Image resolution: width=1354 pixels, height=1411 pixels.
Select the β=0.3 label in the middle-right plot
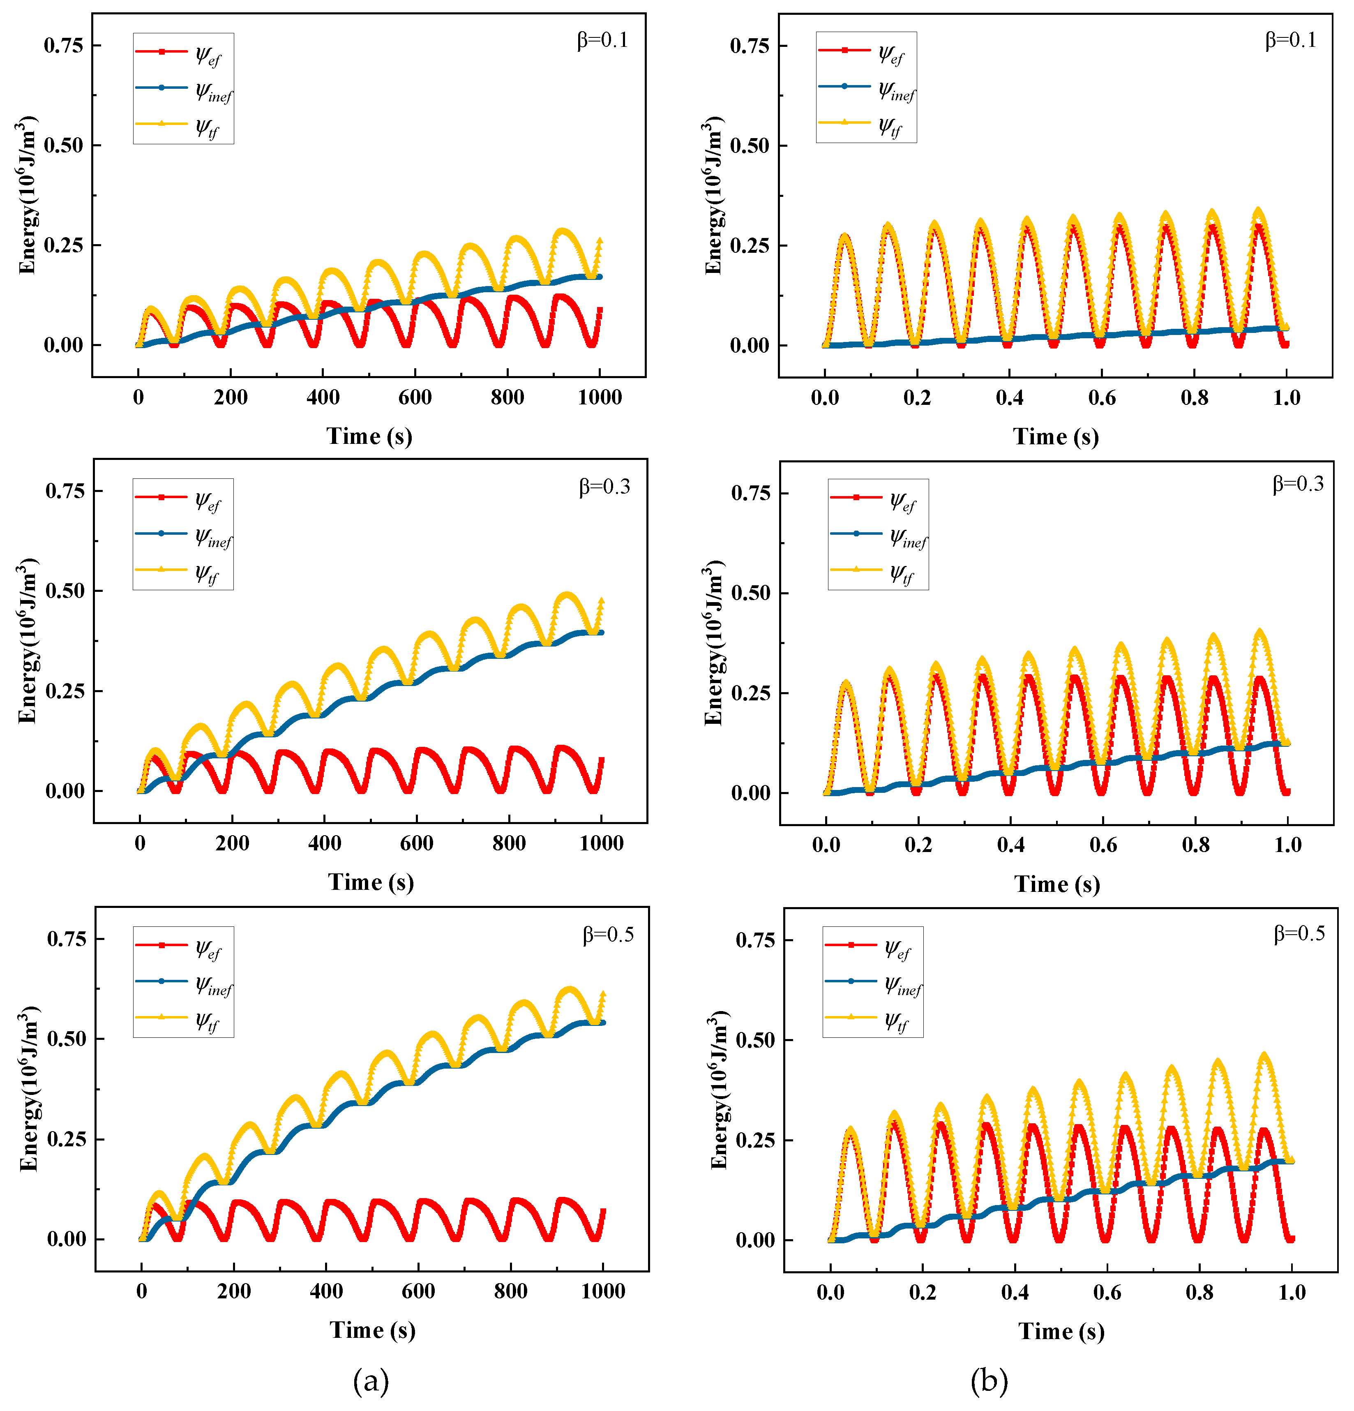pos(1298,484)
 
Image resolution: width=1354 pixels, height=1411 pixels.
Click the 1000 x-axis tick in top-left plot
pos(600,397)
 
